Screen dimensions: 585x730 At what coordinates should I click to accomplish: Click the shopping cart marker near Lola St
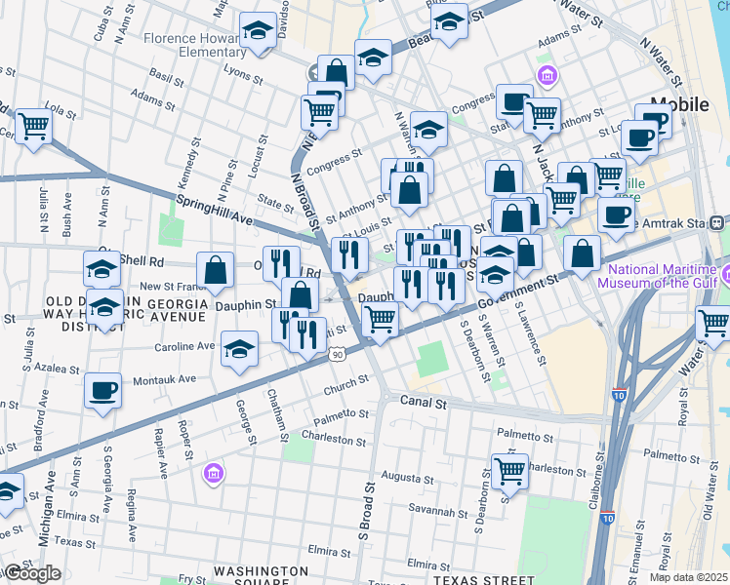[x=33, y=126]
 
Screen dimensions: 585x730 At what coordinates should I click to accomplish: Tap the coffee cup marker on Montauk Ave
[x=102, y=392]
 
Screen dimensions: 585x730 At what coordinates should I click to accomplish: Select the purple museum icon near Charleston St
[x=214, y=474]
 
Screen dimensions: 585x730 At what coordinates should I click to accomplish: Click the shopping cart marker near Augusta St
[x=509, y=472]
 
